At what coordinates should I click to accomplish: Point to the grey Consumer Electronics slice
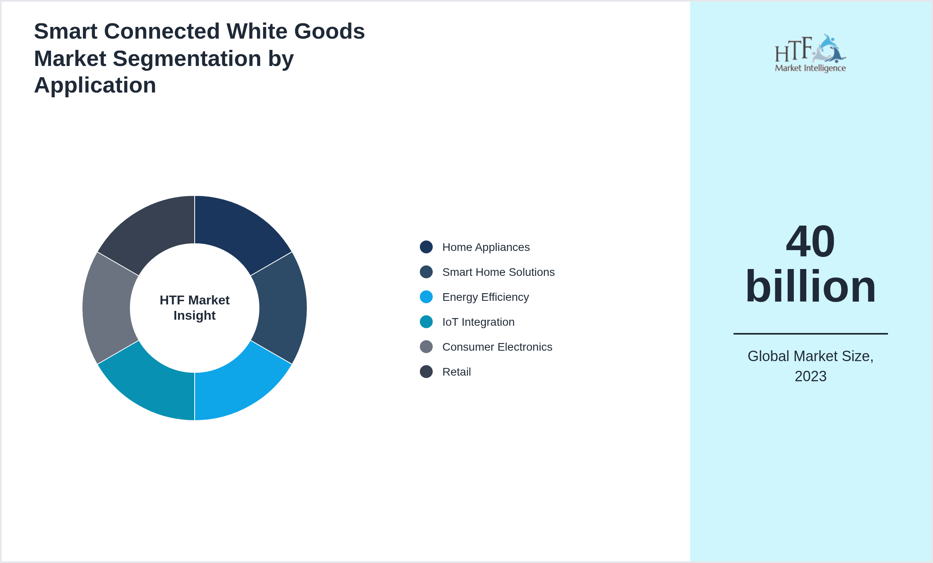coord(106,308)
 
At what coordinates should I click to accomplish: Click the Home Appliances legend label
coord(486,247)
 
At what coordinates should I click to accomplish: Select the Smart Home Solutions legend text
coord(498,272)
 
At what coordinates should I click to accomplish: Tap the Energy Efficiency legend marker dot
coord(426,297)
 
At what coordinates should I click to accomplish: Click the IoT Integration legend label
coord(478,322)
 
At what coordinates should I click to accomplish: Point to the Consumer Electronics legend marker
coord(426,347)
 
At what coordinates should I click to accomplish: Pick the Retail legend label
coord(456,372)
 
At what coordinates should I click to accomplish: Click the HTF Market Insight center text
coord(195,308)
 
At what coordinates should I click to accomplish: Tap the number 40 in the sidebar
coord(810,241)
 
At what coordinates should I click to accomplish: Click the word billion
coord(810,286)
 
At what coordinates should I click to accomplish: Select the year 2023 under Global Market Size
coord(810,376)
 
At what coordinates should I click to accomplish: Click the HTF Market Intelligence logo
coord(810,53)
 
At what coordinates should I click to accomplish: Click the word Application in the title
coord(95,85)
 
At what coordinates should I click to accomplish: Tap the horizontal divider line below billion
coord(810,333)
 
